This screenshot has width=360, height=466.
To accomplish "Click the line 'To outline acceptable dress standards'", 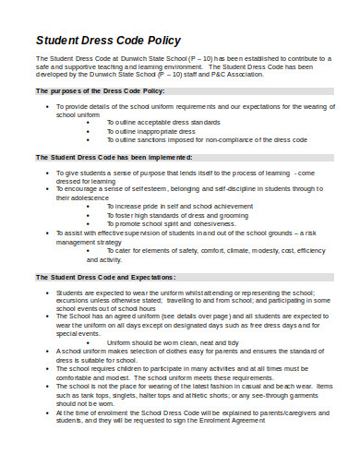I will click(x=165, y=123).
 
